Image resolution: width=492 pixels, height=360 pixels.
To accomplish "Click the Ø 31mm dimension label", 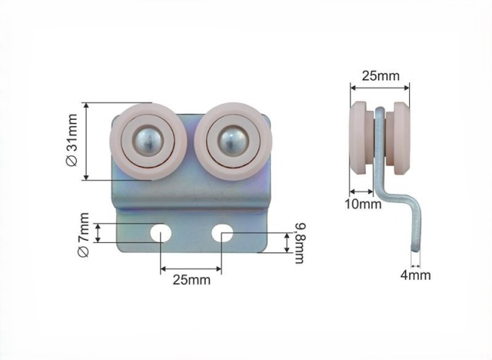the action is pyautogui.click(x=72, y=140).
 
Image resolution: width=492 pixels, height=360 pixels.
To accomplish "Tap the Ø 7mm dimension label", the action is pyautogui.click(x=84, y=235).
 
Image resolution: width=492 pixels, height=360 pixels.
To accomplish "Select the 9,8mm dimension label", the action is pyautogui.click(x=300, y=243).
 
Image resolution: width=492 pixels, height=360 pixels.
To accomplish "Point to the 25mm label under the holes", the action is pyautogui.click(x=191, y=280).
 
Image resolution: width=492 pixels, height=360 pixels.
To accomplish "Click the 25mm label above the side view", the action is pyautogui.click(x=381, y=75).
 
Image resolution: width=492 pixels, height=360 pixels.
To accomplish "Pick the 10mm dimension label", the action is pyautogui.click(x=363, y=204).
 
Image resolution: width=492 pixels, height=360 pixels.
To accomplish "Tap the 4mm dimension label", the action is pyautogui.click(x=415, y=275).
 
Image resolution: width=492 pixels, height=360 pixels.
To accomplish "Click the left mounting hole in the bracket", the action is pyautogui.click(x=161, y=233).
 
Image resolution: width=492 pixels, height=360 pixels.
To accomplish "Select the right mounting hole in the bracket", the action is pyautogui.click(x=222, y=233).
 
